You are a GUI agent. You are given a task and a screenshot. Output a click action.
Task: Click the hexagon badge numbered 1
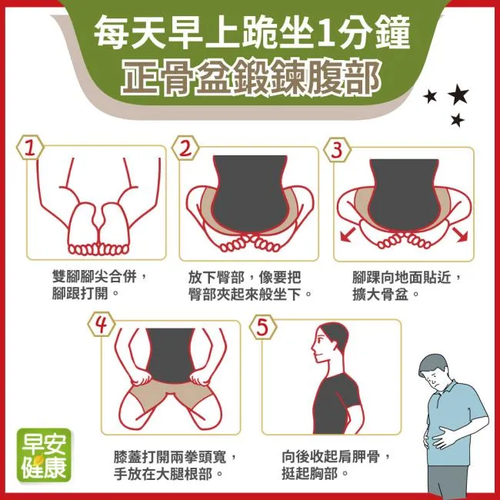coord(30,148)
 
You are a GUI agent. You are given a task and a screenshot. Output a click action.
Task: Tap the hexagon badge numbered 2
coord(185,148)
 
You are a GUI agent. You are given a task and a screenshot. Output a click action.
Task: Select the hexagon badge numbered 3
coord(337,149)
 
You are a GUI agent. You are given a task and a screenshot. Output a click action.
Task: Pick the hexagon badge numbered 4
coord(102,325)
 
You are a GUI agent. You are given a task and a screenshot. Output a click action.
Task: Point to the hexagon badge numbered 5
coord(263,327)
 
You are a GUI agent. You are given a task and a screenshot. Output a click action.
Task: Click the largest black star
coord(458,94)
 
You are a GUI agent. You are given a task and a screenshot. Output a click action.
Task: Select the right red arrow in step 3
coord(460,235)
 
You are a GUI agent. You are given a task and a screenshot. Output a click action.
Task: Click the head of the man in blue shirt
coord(435,372)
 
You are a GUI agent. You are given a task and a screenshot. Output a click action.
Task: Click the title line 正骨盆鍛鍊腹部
coord(251,78)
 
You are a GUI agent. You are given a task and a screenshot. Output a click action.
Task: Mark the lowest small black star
coord(457,120)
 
